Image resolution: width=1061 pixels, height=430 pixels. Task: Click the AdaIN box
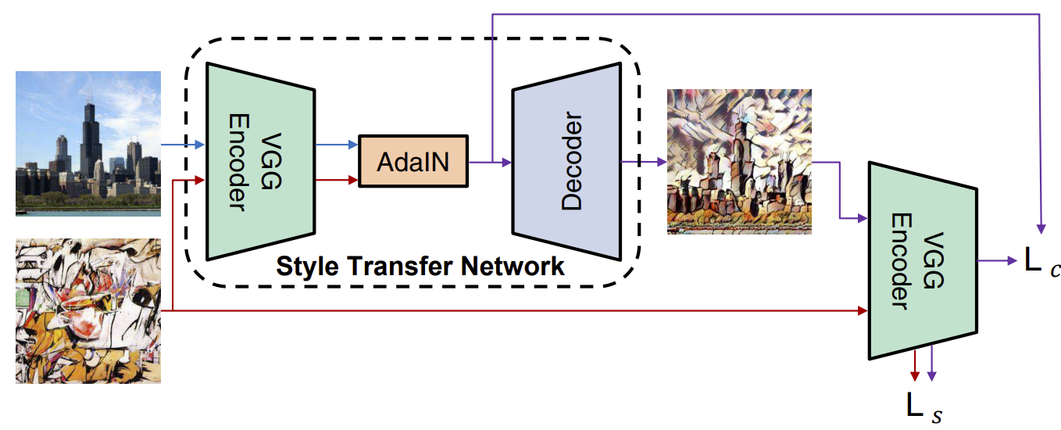pyautogui.click(x=413, y=161)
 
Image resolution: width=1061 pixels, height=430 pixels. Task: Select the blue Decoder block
pyautogui.click(x=566, y=162)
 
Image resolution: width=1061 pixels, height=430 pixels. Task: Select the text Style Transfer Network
pyautogui.click(x=420, y=267)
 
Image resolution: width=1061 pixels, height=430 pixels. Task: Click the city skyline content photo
pyautogui.click(x=88, y=143)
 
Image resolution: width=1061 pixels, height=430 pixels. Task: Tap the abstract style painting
pyautogui.click(x=88, y=312)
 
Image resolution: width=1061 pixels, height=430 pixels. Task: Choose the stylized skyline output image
pyautogui.click(x=739, y=161)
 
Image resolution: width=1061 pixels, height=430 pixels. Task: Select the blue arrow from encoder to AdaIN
pyautogui.click(x=336, y=145)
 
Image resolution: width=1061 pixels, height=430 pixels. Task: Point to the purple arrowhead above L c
pyautogui.click(x=1041, y=228)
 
